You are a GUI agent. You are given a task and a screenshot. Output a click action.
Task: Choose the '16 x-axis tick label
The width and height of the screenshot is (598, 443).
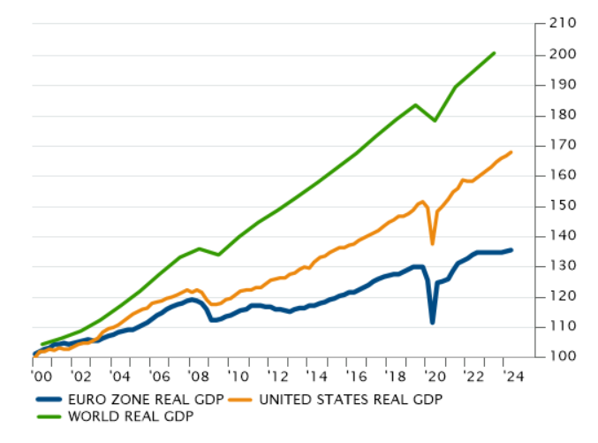[x=356, y=375]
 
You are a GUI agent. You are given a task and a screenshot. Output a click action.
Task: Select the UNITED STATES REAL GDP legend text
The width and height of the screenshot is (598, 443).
[x=349, y=400]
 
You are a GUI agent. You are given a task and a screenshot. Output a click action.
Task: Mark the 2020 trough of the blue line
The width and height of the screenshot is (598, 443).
[x=433, y=322]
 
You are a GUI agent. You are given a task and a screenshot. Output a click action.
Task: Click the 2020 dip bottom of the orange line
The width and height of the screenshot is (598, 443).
[x=433, y=243]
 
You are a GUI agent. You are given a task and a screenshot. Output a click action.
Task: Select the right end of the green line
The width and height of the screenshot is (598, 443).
[x=495, y=53]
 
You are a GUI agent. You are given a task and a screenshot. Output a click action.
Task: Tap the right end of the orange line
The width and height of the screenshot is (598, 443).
[x=511, y=152]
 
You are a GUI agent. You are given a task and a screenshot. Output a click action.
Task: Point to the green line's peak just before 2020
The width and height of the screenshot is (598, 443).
[x=415, y=105]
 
